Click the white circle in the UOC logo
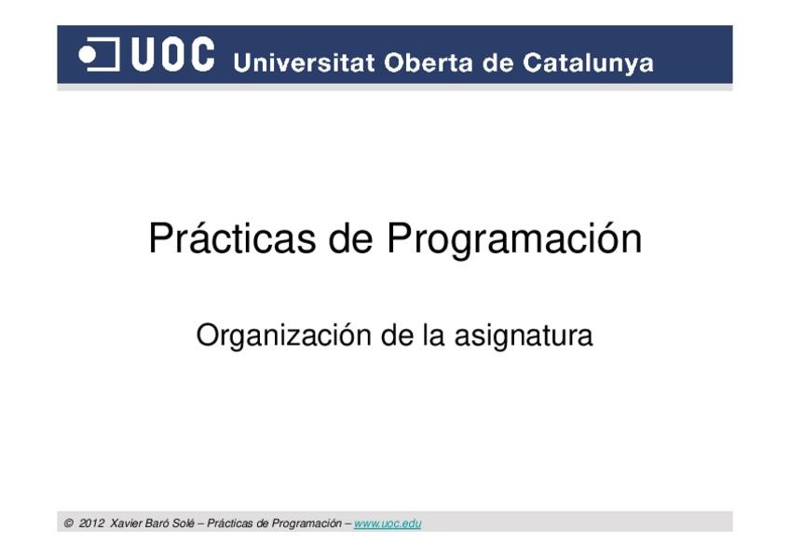tap(88, 55)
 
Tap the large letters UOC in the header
tap(173, 54)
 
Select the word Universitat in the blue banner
tap(305, 63)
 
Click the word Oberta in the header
tap(429, 63)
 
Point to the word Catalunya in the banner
tap(588, 64)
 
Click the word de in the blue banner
tap(497, 63)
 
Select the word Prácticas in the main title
tap(232, 238)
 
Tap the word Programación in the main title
tap(514, 239)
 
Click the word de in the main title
tap(350, 238)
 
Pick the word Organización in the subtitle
tap(283, 336)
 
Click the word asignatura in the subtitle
tap(524, 336)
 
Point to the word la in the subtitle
tap(434, 335)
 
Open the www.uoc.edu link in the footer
tap(388, 524)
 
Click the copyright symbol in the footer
tap(69, 524)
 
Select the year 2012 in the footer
tap(91, 524)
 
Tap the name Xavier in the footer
tap(126, 524)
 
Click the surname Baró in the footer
tap(157, 524)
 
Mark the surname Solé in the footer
tap(184, 524)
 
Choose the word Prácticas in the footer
tap(230, 524)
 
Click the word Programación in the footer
tap(306, 524)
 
